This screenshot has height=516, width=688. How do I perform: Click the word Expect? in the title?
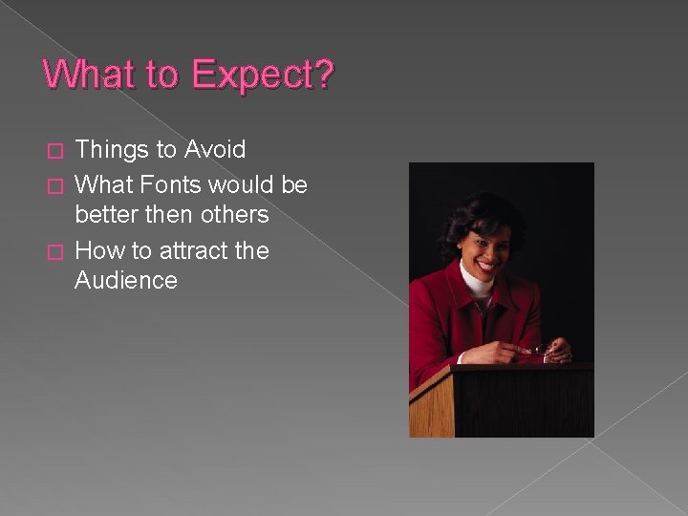[261, 75]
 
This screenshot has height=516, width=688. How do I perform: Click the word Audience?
[125, 280]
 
